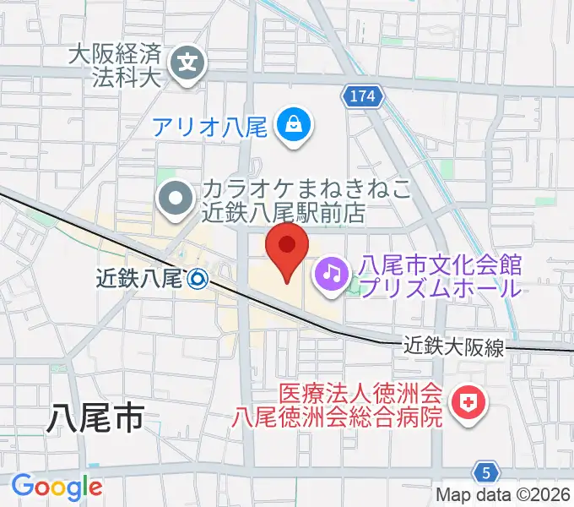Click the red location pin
[287, 248]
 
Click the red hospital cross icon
[464, 403]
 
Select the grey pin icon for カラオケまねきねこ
[176, 199]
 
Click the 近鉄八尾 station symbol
[198, 277]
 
